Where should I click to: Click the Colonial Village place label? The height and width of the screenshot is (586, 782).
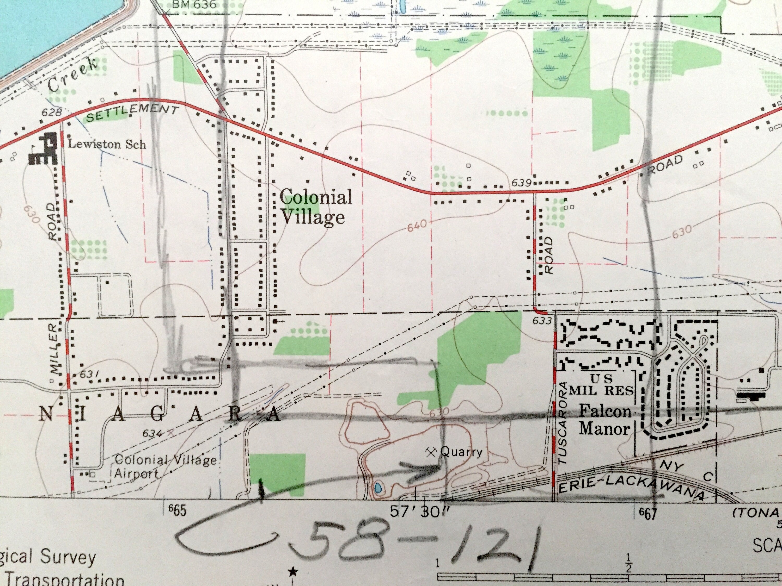coord(315,207)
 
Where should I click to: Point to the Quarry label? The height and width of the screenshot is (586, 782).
coord(461,452)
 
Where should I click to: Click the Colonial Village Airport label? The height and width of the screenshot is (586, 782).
coord(166,466)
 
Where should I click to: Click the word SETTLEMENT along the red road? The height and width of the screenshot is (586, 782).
coord(132,112)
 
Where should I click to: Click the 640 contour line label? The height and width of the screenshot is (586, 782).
coord(417,226)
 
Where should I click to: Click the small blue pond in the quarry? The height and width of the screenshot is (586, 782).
coord(377,489)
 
